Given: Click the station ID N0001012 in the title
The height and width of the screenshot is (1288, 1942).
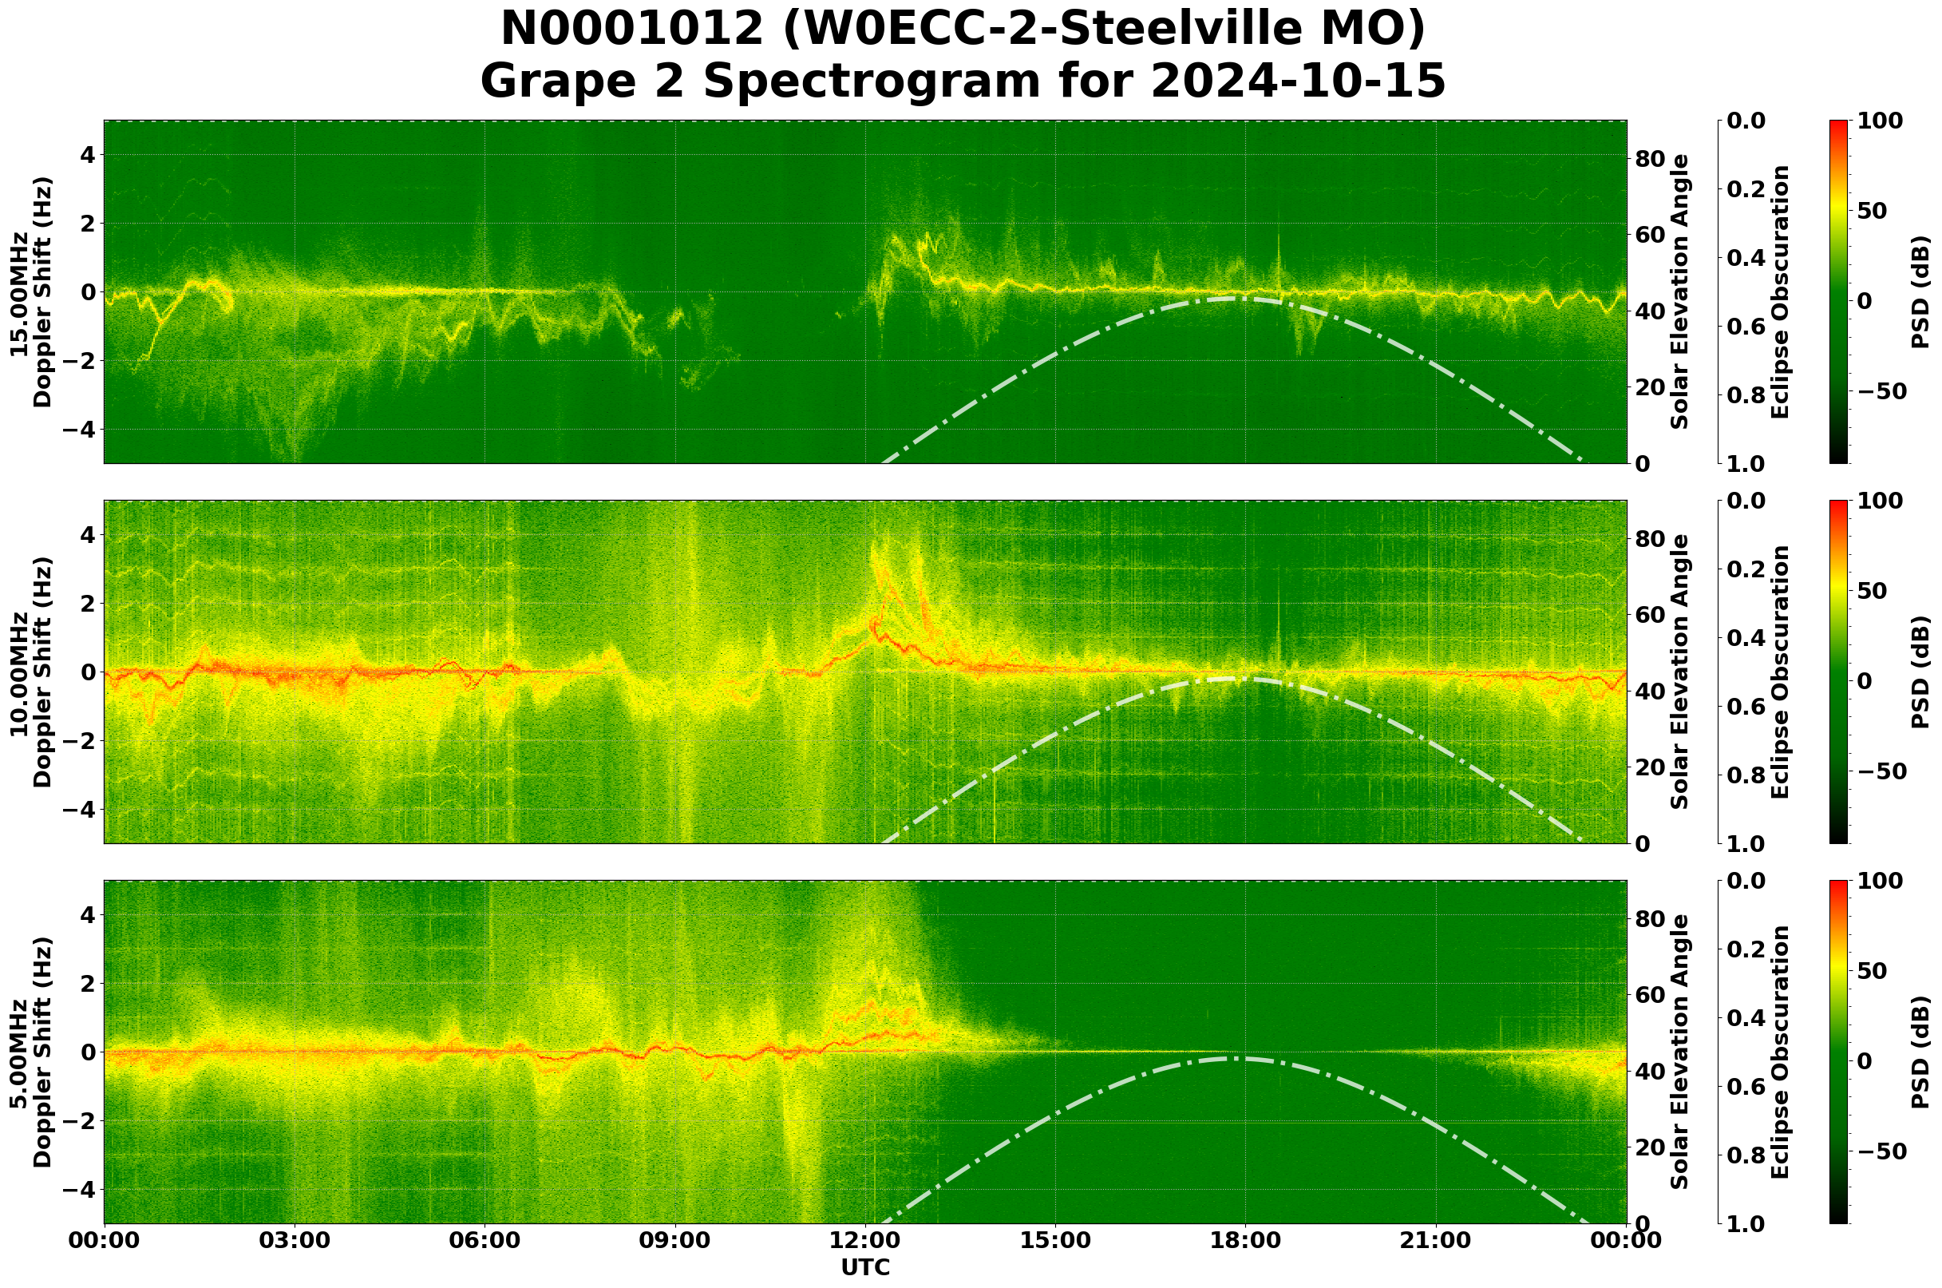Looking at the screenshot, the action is [631, 29].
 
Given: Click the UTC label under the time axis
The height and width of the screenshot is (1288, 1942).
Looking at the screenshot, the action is [865, 1267].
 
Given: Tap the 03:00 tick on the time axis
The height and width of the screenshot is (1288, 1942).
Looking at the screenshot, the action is [294, 1240].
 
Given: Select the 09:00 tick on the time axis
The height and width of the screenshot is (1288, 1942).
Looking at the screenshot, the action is [675, 1240].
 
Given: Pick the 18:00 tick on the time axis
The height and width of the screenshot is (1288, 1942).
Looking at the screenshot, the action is [1246, 1240].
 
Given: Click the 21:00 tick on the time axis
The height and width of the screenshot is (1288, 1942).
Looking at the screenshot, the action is [1436, 1240].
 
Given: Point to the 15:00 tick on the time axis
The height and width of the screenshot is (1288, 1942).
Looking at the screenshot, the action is [1055, 1240].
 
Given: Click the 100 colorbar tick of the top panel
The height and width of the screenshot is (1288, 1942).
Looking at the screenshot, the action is [1879, 121].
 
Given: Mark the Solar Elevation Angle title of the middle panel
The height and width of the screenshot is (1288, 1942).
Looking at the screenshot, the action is [1680, 672].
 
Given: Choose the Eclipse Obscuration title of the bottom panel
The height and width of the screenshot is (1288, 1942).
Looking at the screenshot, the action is [1779, 1052].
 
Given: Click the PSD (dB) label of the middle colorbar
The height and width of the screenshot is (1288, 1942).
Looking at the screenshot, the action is [1921, 672].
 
